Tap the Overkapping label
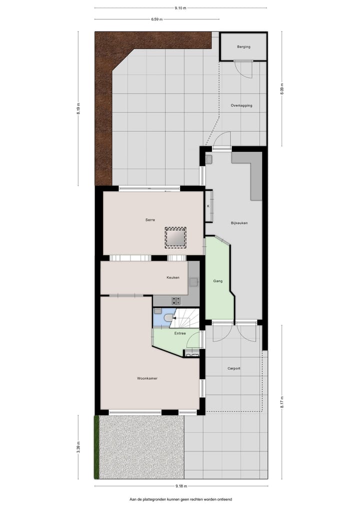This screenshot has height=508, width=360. [241, 105]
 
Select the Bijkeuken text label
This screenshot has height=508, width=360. [239, 223]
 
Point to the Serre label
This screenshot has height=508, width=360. [150, 220]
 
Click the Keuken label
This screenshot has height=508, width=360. [173, 278]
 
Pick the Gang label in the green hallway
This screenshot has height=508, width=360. [217, 281]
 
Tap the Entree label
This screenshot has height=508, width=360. [180, 333]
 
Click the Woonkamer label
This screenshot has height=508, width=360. [147, 378]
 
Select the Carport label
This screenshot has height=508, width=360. [233, 369]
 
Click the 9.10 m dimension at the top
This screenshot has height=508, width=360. [180, 8]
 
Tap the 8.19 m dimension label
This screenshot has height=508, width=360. [78, 108]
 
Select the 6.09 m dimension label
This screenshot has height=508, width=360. [282, 89]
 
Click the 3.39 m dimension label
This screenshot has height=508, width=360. [78, 447]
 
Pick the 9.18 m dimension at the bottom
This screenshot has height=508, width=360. [180, 486]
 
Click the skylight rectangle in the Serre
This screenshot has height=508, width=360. [175, 237]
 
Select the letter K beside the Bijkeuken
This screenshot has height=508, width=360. [208, 206]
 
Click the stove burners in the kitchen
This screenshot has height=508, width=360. [176, 300]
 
